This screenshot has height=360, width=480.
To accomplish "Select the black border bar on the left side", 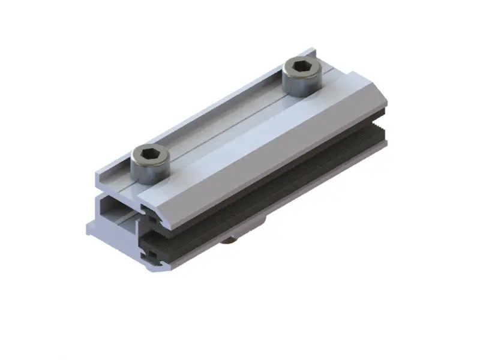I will (x=29, y=180).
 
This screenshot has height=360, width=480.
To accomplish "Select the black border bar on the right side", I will (x=451, y=180).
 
